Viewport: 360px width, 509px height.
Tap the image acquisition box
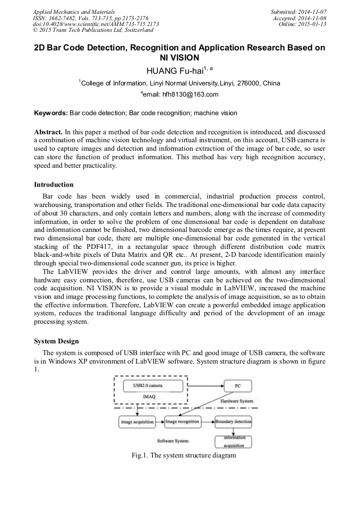tap(137, 422)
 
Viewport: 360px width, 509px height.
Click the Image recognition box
tap(182, 422)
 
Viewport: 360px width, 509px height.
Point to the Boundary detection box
tap(233, 422)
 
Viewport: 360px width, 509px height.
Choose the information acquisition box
tap(233, 442)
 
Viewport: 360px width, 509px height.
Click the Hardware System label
tap(236, 401)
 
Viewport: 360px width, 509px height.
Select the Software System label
tap(173, 441)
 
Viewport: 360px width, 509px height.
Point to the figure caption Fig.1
tap(183, 455)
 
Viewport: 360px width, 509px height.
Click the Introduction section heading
tap(54, 185)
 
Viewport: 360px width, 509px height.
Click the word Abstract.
tap(48, 131)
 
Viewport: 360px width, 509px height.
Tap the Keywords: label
tap(51, 113)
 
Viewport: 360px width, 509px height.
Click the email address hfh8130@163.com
tap(182, 94)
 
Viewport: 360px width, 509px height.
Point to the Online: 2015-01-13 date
tap(304, 24)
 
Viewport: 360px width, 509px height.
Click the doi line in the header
tap(96, 24)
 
